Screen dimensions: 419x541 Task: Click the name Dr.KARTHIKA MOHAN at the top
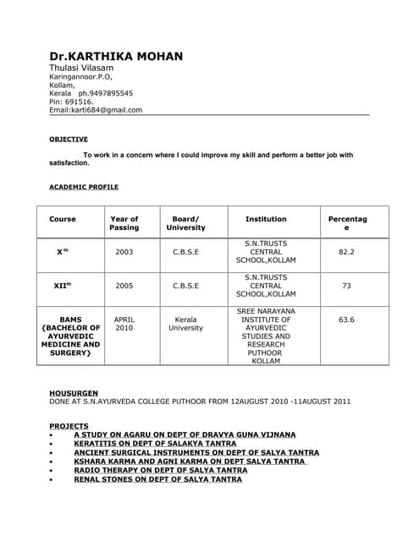click(x=116, y=57)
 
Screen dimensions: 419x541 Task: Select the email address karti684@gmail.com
click(x=106, y=110)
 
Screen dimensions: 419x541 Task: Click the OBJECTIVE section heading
click(x=68, y=139)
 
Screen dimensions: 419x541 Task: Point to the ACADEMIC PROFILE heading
click(x=84, y=187)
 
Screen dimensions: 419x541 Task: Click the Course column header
click(x=63, y=219)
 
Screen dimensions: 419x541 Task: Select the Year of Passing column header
click(x=124, y=223)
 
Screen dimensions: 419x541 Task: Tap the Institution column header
click(x=266, y=219)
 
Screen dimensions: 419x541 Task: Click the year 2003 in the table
click(x=124, y=252)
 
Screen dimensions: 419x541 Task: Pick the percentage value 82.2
click(x=346, y=252)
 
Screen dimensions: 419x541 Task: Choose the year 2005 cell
click(x=124, y=286)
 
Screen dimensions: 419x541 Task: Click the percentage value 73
click(x=346, y=286)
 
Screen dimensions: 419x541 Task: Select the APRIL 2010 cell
click(x=124, y=324)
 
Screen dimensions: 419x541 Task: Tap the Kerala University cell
click(x=185, y=324)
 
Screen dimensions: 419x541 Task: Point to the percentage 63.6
click(x=346, y=320)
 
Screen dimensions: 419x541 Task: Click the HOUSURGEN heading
click(x=74, y=393)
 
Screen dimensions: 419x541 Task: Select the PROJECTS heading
click(x=69, y=425)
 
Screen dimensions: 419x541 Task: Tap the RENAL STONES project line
click(x=157, y=479)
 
